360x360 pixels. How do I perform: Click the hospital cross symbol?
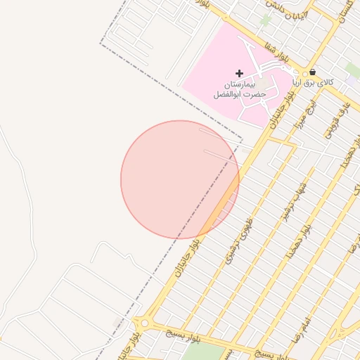[240, 73]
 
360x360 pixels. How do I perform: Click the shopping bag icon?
[312, 72]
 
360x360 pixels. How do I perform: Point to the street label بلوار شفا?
[274, 51]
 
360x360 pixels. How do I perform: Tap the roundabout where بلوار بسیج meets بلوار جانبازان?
[144, 324]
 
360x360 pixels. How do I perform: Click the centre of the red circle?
[180, 179]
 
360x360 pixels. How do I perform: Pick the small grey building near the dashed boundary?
[117, 321]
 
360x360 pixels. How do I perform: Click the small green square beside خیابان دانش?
[265, 20]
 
